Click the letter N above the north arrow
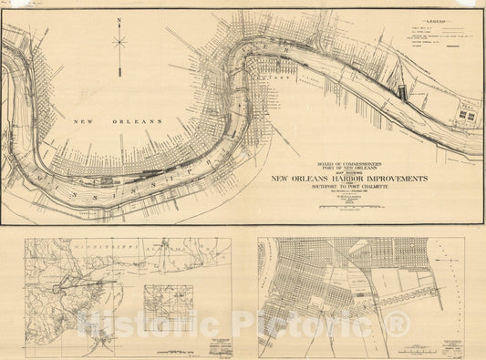[x=119, y=19]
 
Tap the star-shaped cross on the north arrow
[x=119, y=40]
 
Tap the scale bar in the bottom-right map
[x=421, y=347]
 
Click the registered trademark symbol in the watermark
[x=400, y=321]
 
